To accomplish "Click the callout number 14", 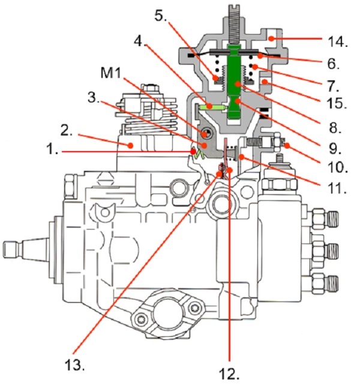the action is click(337, 41).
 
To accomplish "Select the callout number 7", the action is click(332, 85).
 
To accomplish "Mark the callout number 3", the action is click(94, 98).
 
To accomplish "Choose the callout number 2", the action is click(67, 130).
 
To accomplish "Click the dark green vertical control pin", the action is click(235, 82).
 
